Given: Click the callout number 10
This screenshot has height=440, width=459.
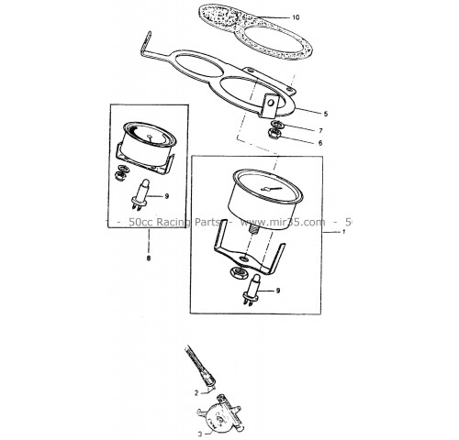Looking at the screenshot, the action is pyautogui.click(x=296, y=17).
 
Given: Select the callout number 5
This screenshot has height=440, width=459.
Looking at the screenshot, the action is pyautogui.click(x=326, y=114).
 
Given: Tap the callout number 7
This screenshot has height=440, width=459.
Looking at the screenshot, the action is pyautogui.click(x=320, y=131).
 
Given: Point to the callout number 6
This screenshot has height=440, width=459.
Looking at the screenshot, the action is pyautogui.click(x=320, y=143).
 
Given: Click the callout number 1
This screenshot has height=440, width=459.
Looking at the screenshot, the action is pyautogui.click(x=344, y=232).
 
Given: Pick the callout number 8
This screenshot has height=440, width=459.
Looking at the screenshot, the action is pyautogui.click(x=149, y=258).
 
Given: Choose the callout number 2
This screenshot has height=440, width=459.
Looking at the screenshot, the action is pyautogui.click(x=196, y=393).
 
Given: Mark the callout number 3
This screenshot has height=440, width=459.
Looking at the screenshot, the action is pyautogui.click(x=200, y=434).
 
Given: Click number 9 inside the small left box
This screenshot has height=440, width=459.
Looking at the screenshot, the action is pyautogui.click(x=166, y=196).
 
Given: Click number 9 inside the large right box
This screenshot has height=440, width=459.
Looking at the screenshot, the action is pyautogui.click(x=278, y=291).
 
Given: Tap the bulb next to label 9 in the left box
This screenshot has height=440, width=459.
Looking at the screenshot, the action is pyautogui.click(x=140, y=193).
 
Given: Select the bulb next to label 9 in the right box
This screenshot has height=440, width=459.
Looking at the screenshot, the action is pyautogui.click(x=252, y=289).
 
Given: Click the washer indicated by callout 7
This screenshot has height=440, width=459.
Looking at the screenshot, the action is pyautogui.click(x=278, y=125).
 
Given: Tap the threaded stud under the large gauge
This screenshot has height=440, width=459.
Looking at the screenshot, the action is pyautogui.click(x=253, y=229).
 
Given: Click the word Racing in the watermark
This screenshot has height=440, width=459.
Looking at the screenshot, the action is pyautogui.click(x=172, y=222).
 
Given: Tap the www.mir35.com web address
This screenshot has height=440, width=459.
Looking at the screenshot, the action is pyautogui.click(x=283, y=222).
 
